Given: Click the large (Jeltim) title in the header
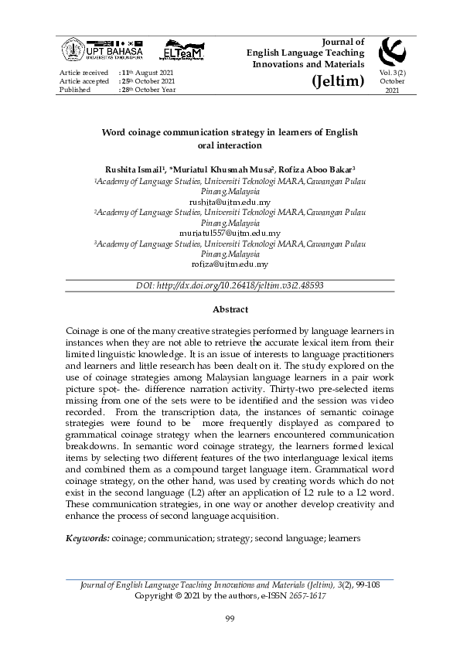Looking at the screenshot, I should coord(338,80).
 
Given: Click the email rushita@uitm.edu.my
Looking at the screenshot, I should coord(230,203).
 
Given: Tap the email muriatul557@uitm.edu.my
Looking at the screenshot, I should coord(230,233).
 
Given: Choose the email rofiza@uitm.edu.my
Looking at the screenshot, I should coord(230,264).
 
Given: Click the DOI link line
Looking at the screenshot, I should coord(230,285).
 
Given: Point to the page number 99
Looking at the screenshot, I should coord(230,618).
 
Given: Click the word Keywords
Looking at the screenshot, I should coord(87,536).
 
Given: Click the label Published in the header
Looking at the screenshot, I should coord(75,90).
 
